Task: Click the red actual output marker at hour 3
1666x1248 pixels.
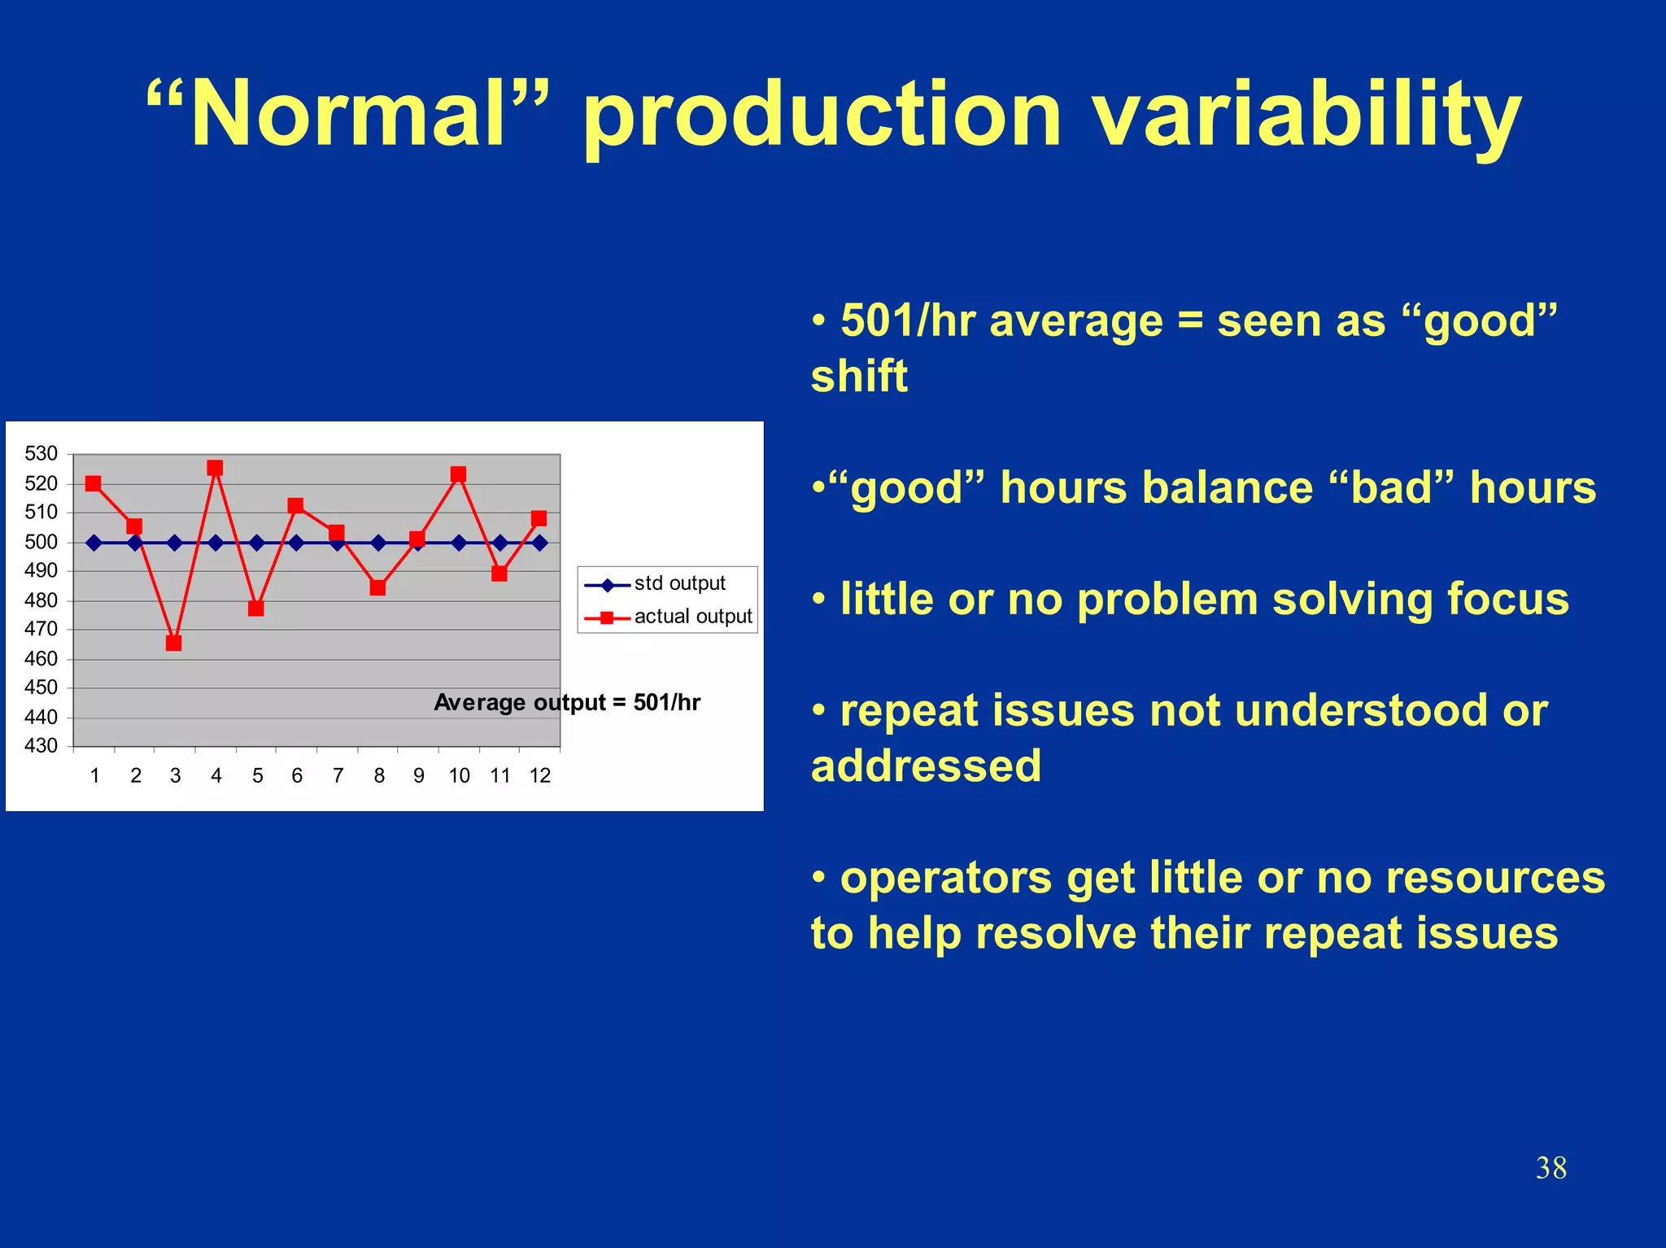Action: click(173, 643)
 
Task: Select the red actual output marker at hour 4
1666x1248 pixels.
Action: click(215, 468)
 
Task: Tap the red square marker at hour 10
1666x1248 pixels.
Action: click(458, 474)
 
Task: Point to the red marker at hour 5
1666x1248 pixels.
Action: click(256, 608)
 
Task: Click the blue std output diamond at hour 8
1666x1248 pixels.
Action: click(378, 543)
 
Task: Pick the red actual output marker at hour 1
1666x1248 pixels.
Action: click(94, 483)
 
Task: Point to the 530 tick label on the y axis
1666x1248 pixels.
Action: click(41, 453)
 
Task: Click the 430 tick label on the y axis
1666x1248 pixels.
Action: click(41, 745)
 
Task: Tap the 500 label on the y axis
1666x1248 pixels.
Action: click(41, 542)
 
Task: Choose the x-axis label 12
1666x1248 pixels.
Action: click(540, 775)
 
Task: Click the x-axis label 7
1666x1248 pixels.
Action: click(338, 775)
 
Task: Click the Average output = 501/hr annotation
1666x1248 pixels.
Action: click(567, 702)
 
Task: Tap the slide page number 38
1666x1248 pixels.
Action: click(1550, 1167)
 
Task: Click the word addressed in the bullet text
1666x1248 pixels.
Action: click(926, 766)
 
